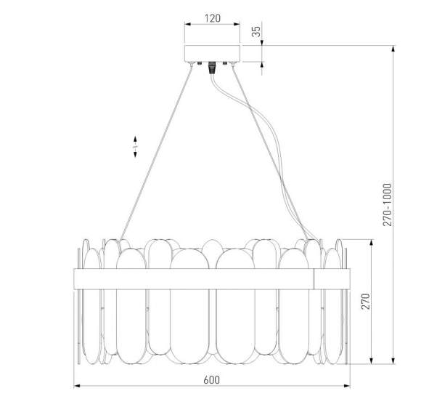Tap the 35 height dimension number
point(256,32)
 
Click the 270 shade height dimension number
point(365,300)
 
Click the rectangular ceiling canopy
point(212,53)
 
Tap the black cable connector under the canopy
point(212,68)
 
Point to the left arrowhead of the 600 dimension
point(77,386)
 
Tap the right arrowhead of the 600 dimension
point(347,386)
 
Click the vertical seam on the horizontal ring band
point(314,279)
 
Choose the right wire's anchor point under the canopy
point(229,65)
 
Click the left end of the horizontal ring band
point(74,279)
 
